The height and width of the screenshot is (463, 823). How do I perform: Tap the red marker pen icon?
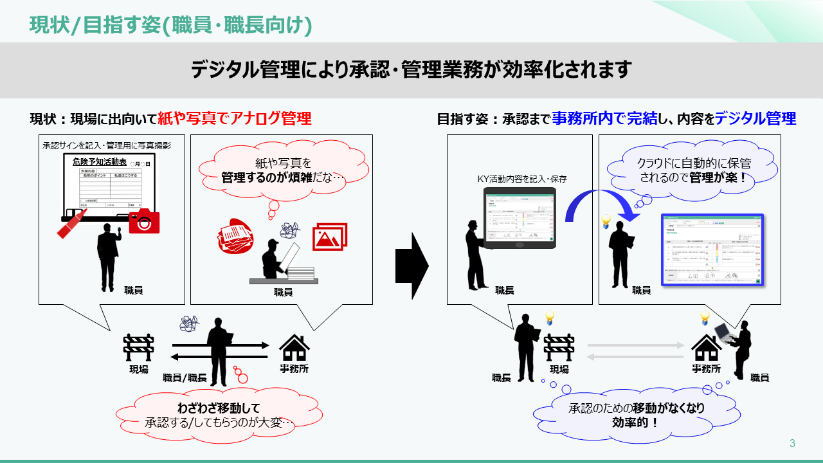pos(72,223)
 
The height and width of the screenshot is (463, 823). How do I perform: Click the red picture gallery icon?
pos(330,236)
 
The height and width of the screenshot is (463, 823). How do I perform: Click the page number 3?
pos(792,443)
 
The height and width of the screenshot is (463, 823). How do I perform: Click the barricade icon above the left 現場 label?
pos(138,348)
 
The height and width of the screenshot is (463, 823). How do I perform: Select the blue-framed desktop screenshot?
pos(712,250)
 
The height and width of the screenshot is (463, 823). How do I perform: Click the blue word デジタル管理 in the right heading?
pos(755,118)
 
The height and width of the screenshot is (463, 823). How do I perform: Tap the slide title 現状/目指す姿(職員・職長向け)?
pos(171,25)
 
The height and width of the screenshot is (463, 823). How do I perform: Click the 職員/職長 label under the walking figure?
pos(185,377)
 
